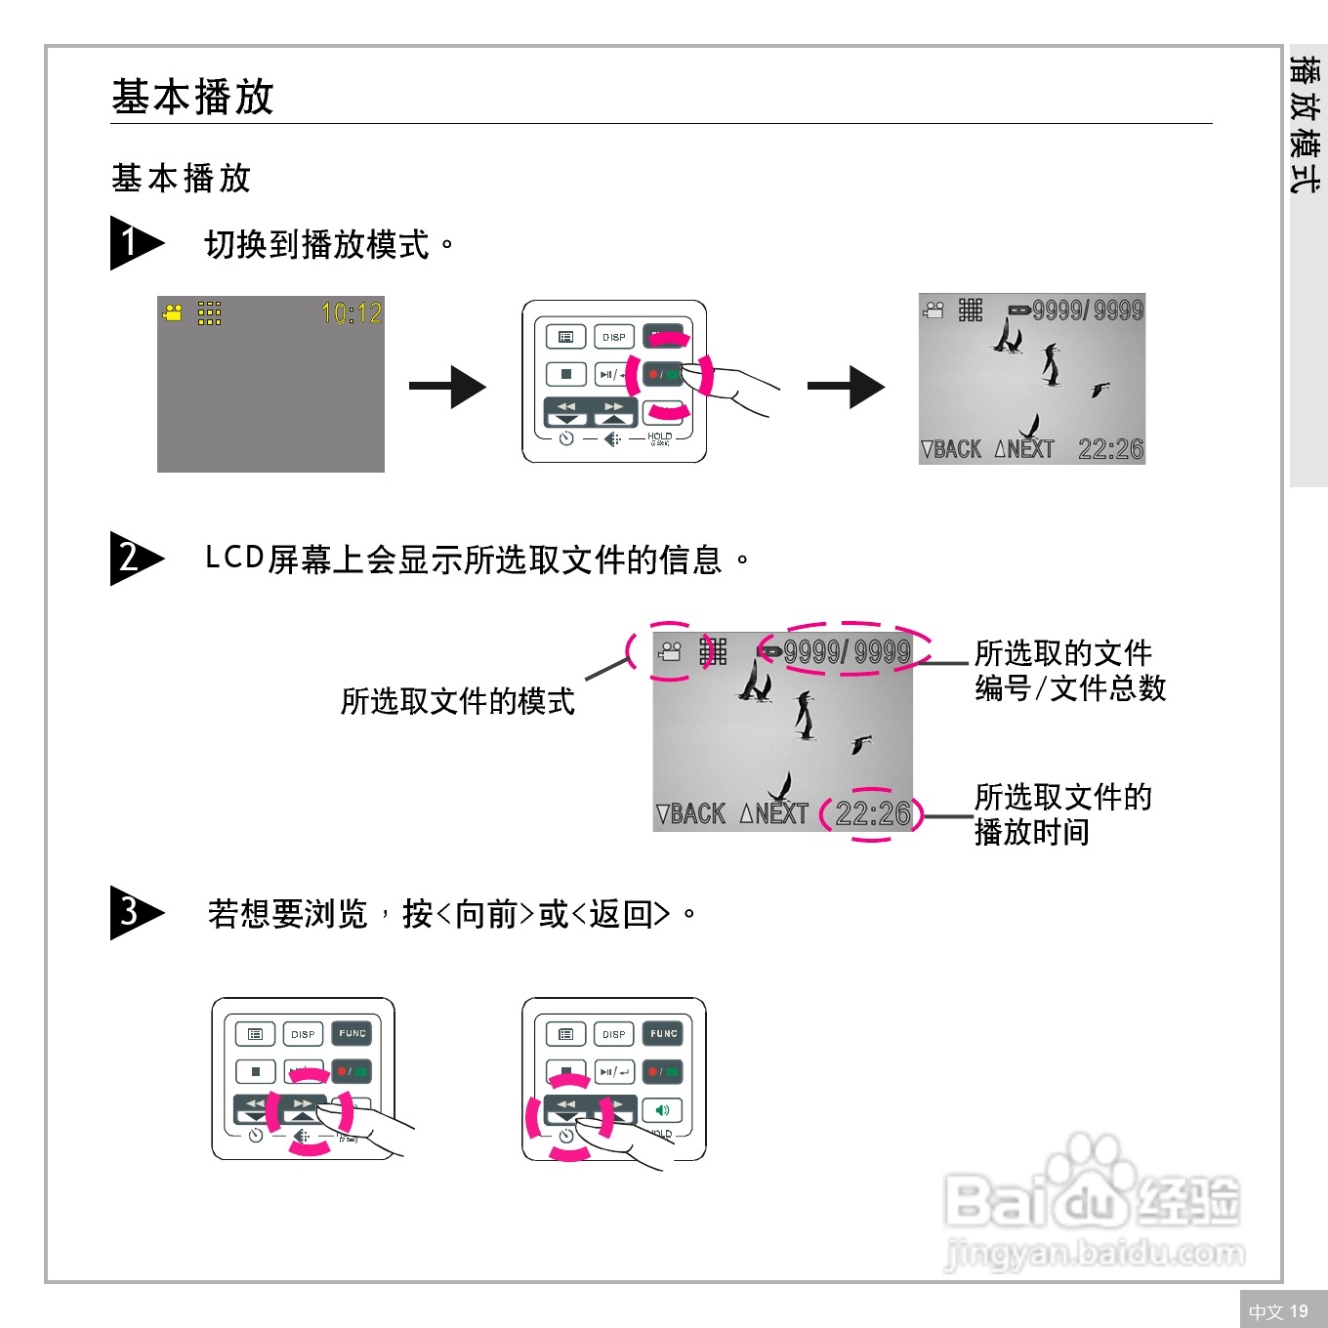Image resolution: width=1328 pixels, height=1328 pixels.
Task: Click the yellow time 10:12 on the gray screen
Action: tap(352, 313)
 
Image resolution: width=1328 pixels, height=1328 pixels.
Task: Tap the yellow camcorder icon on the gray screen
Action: tap(173, 313)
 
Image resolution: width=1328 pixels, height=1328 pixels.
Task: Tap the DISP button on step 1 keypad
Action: tap(614, 337)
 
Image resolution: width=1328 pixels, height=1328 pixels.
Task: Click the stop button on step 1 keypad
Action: tap(565, 374)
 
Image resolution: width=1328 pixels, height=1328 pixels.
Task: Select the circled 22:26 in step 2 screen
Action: tap(872, 813)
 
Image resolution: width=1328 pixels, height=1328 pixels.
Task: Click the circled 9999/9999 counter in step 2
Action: tap(846, 651)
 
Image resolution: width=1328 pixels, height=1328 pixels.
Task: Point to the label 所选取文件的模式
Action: tap(457, 701)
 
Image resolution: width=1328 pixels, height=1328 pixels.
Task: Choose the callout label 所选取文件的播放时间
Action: tap(1062, 814)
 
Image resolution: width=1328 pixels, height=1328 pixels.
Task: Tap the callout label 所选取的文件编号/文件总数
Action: tap(1069, 671)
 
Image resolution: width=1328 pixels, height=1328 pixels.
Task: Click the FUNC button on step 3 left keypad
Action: tap(353, 1033)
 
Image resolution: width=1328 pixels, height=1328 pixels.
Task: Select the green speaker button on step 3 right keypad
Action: tap(663, 1110)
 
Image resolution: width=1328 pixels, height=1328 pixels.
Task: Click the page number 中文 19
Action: tap(1278, 1311)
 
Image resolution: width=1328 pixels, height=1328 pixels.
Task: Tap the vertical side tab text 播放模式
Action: tap(1306, 124)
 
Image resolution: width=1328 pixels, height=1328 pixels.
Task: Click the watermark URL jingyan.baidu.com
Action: tap(1095, 1253)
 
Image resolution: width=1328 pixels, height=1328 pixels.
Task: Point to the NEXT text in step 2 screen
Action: tap(775, 813)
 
